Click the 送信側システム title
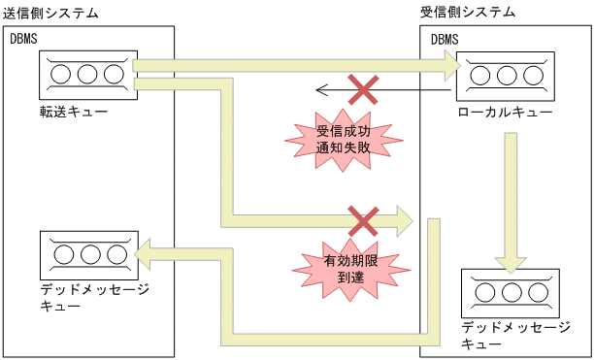[51, 12]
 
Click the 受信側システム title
[467, 12]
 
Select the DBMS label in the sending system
[24, 39]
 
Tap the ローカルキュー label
[506, 113]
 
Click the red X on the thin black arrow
[363, 91]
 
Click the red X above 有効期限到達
[363, 220]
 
